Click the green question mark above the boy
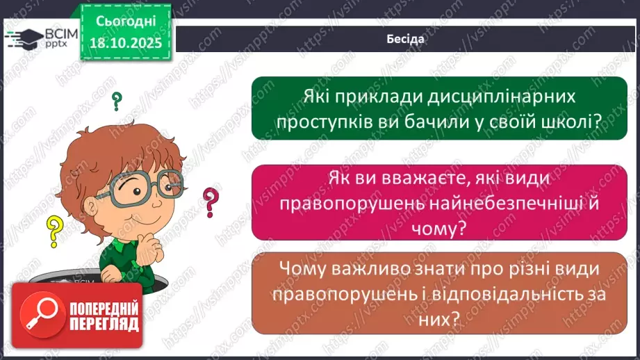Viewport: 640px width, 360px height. [x=117, y=102]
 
